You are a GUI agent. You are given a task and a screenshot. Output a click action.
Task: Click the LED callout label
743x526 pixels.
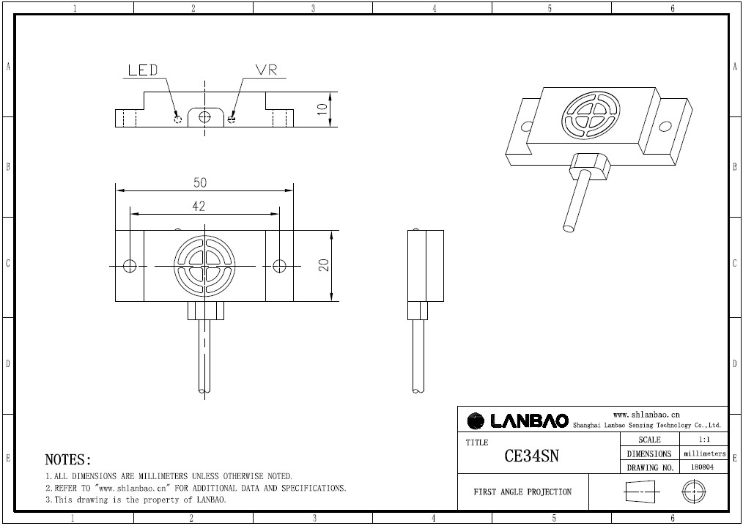click(143, 70)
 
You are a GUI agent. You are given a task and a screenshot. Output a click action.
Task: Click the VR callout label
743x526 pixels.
click(266, 70)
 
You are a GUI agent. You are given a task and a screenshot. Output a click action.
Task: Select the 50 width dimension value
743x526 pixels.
click(200, 182)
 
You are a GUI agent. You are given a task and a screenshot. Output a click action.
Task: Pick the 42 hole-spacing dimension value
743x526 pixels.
click(199, 207)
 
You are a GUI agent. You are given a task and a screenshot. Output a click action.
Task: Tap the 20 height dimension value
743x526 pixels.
click(323, 264)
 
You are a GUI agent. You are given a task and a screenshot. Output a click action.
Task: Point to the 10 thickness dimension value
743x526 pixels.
click(322, 108)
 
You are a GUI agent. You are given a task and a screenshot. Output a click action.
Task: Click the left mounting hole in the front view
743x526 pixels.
click(130, 265)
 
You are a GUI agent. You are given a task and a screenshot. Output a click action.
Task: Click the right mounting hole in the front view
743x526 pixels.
click(278, 265)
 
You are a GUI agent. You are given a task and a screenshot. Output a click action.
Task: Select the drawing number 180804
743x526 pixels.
click(702, 467)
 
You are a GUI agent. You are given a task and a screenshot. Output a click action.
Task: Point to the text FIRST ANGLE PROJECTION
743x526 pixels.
click(522, 492)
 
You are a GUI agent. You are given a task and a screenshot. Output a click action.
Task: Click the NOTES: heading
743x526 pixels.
click(68, 460)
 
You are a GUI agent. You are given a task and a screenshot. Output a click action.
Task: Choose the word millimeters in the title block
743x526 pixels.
click(705, 453)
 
